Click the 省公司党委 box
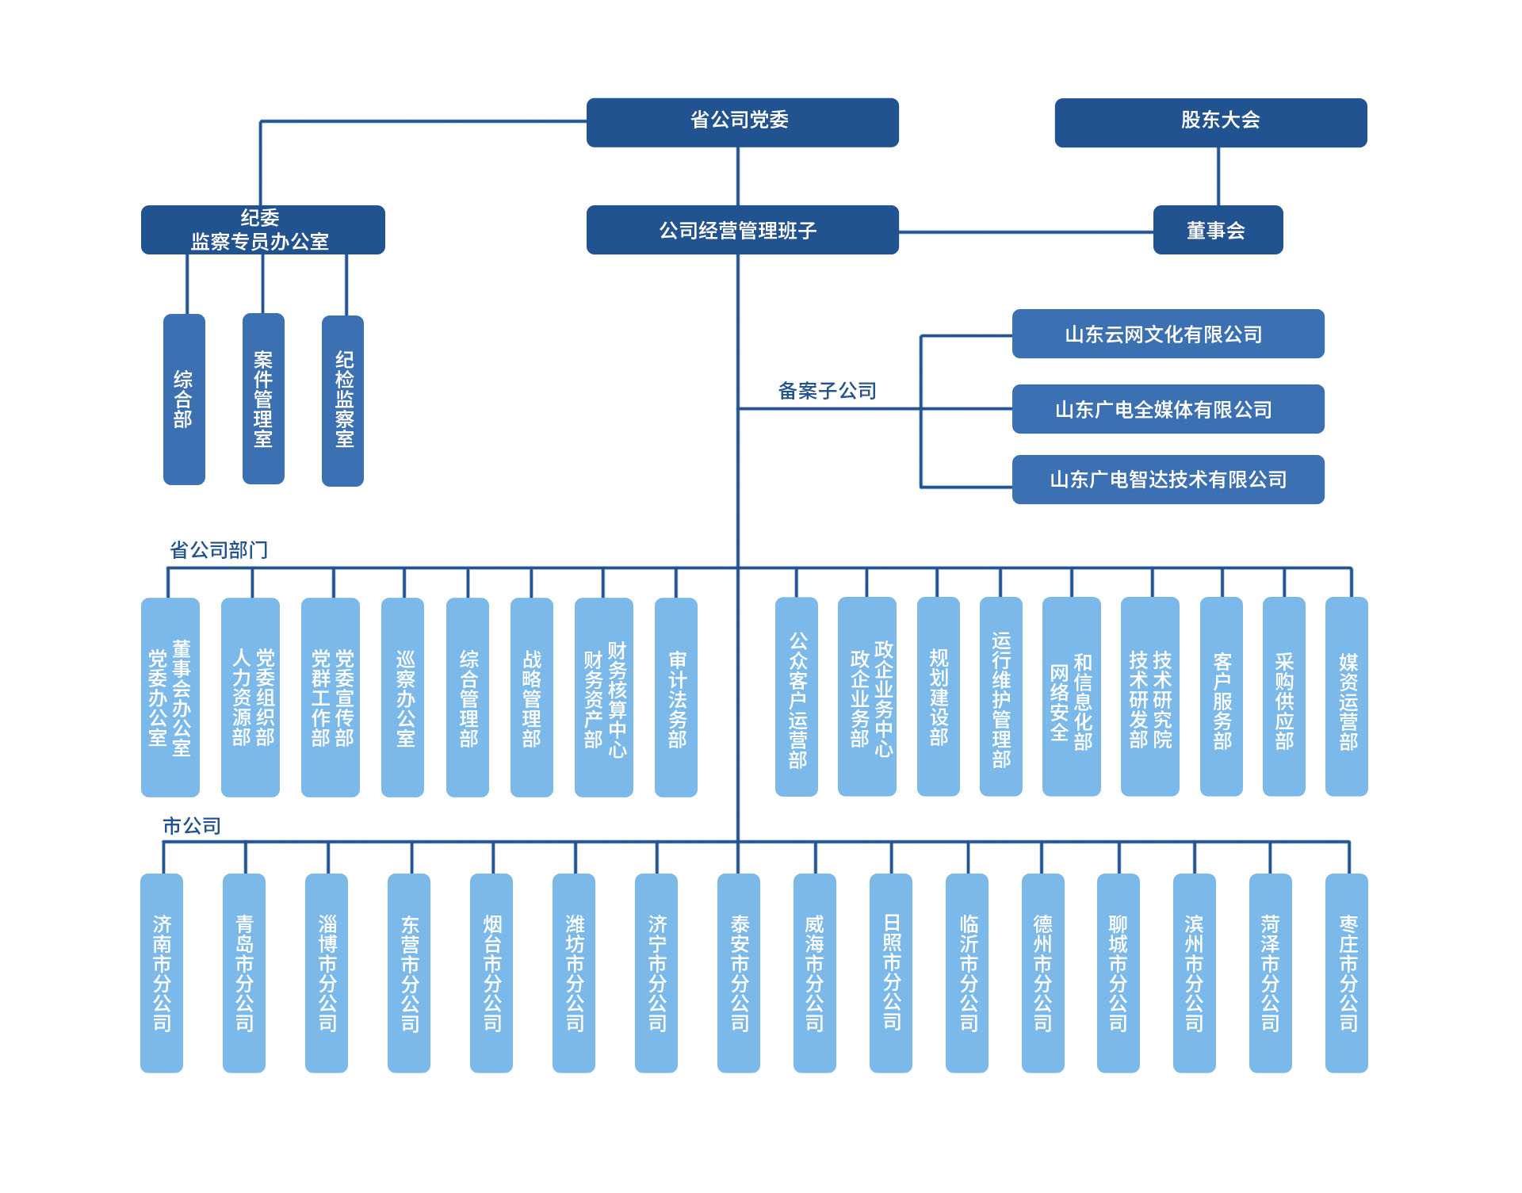(742, 122)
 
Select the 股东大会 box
(1210, 122)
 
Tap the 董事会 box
(1218, 230)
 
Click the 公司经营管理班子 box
(742, 230)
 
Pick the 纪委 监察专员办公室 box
(262, 230)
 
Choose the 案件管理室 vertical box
(263, 399)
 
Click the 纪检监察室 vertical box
(342, 400)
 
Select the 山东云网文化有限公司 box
(1168, 334)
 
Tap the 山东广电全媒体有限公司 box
(1168, 409)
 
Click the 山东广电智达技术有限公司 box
(1168, 480)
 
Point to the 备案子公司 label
(827, 391)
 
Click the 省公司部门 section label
(219, 550)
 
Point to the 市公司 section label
(192, 826)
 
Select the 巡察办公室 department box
(403, 697)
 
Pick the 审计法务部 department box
(676, 697)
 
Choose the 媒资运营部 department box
(1347, 697)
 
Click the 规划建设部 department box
(939, 697)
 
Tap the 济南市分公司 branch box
(162, 973)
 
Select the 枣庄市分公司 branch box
(1347, 973)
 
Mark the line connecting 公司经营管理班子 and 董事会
(1026, 232)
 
